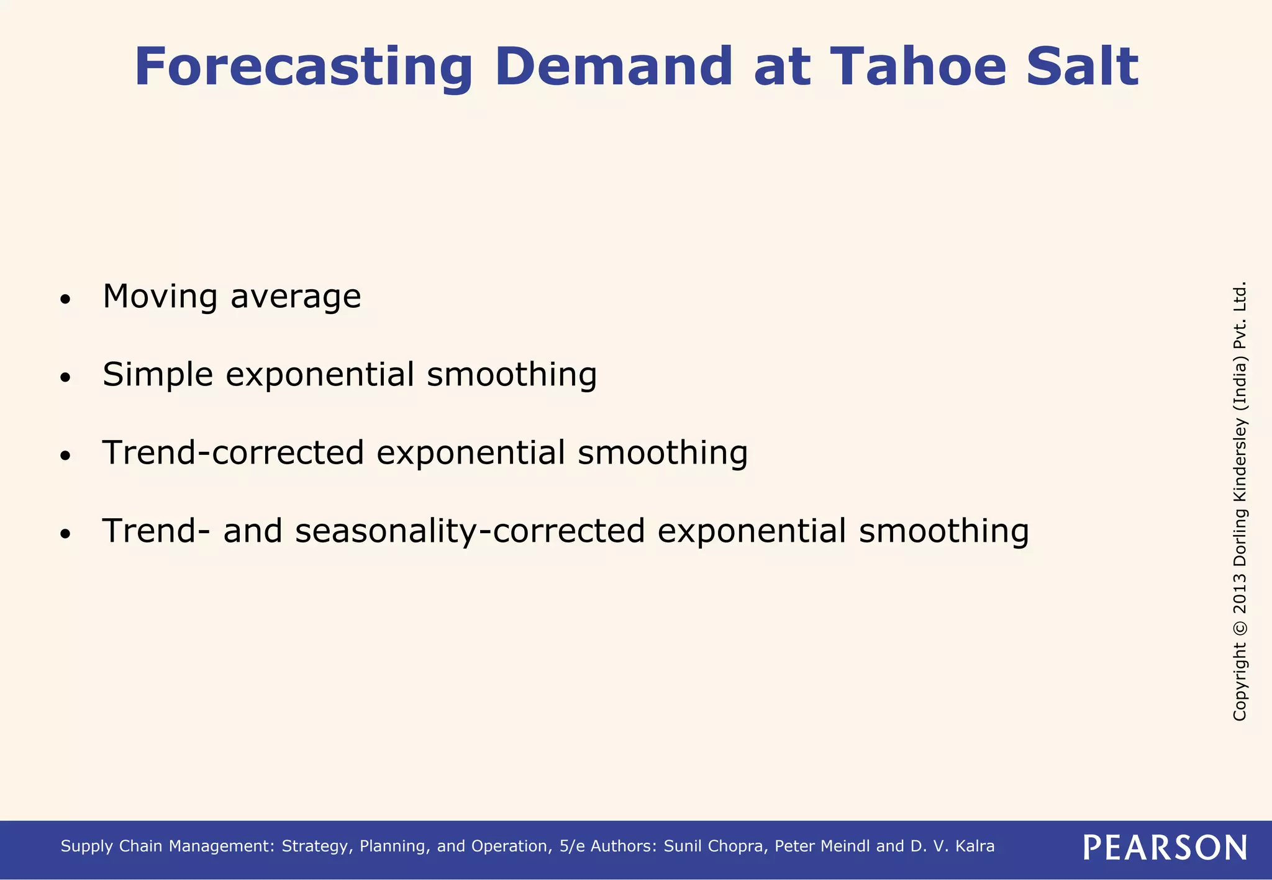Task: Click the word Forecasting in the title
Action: tap(303, 67)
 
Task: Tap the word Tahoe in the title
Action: tap(917, 67)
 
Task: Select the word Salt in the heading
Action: tap(1082, 67)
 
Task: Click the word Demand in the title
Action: tap(614, 67)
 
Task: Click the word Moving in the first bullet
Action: tap(160, 297)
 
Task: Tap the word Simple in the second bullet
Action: tap(158, 375)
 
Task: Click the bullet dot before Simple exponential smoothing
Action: tap(65, 378)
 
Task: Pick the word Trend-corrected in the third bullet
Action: tap(233, 452)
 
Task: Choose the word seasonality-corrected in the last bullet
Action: tap(470, 531)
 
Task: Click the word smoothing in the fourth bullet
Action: tap(943, 531)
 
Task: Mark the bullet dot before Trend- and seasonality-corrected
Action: tap(65, 534)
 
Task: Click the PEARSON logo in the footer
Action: tap(1165, 847)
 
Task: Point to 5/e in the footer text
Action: tap(571, 846)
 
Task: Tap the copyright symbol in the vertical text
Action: tap(1240, 627)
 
